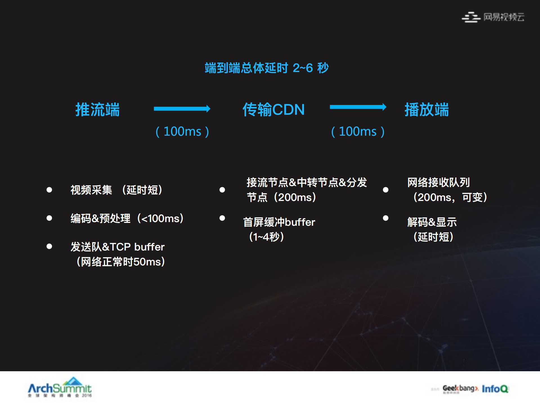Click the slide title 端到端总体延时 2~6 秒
266,68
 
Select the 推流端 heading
97,109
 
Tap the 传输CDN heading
274,109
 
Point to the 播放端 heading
427,109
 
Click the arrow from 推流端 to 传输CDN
182,109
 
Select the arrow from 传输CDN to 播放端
358,107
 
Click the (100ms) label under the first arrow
182,131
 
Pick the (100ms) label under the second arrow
358,131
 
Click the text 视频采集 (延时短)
116,190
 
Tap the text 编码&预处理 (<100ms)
127,218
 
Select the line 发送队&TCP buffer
117,247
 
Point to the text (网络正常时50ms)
121,262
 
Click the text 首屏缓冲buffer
279,222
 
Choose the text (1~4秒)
266,237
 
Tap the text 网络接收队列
438,182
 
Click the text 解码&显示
432,222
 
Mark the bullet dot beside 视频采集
49,190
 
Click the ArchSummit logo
60,388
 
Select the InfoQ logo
495,389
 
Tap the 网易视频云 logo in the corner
493,17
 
